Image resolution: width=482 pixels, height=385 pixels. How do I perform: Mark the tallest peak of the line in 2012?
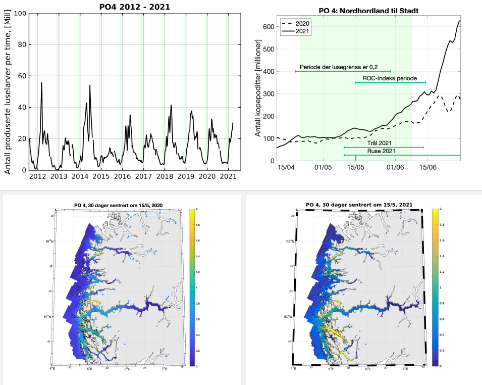click(41, 82)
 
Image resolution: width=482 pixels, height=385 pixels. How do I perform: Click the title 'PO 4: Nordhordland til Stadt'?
click(361, 11)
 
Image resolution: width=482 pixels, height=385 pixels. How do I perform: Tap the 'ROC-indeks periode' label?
click(390, 78)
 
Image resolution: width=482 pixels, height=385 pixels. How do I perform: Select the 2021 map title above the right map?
click(360, 205)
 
